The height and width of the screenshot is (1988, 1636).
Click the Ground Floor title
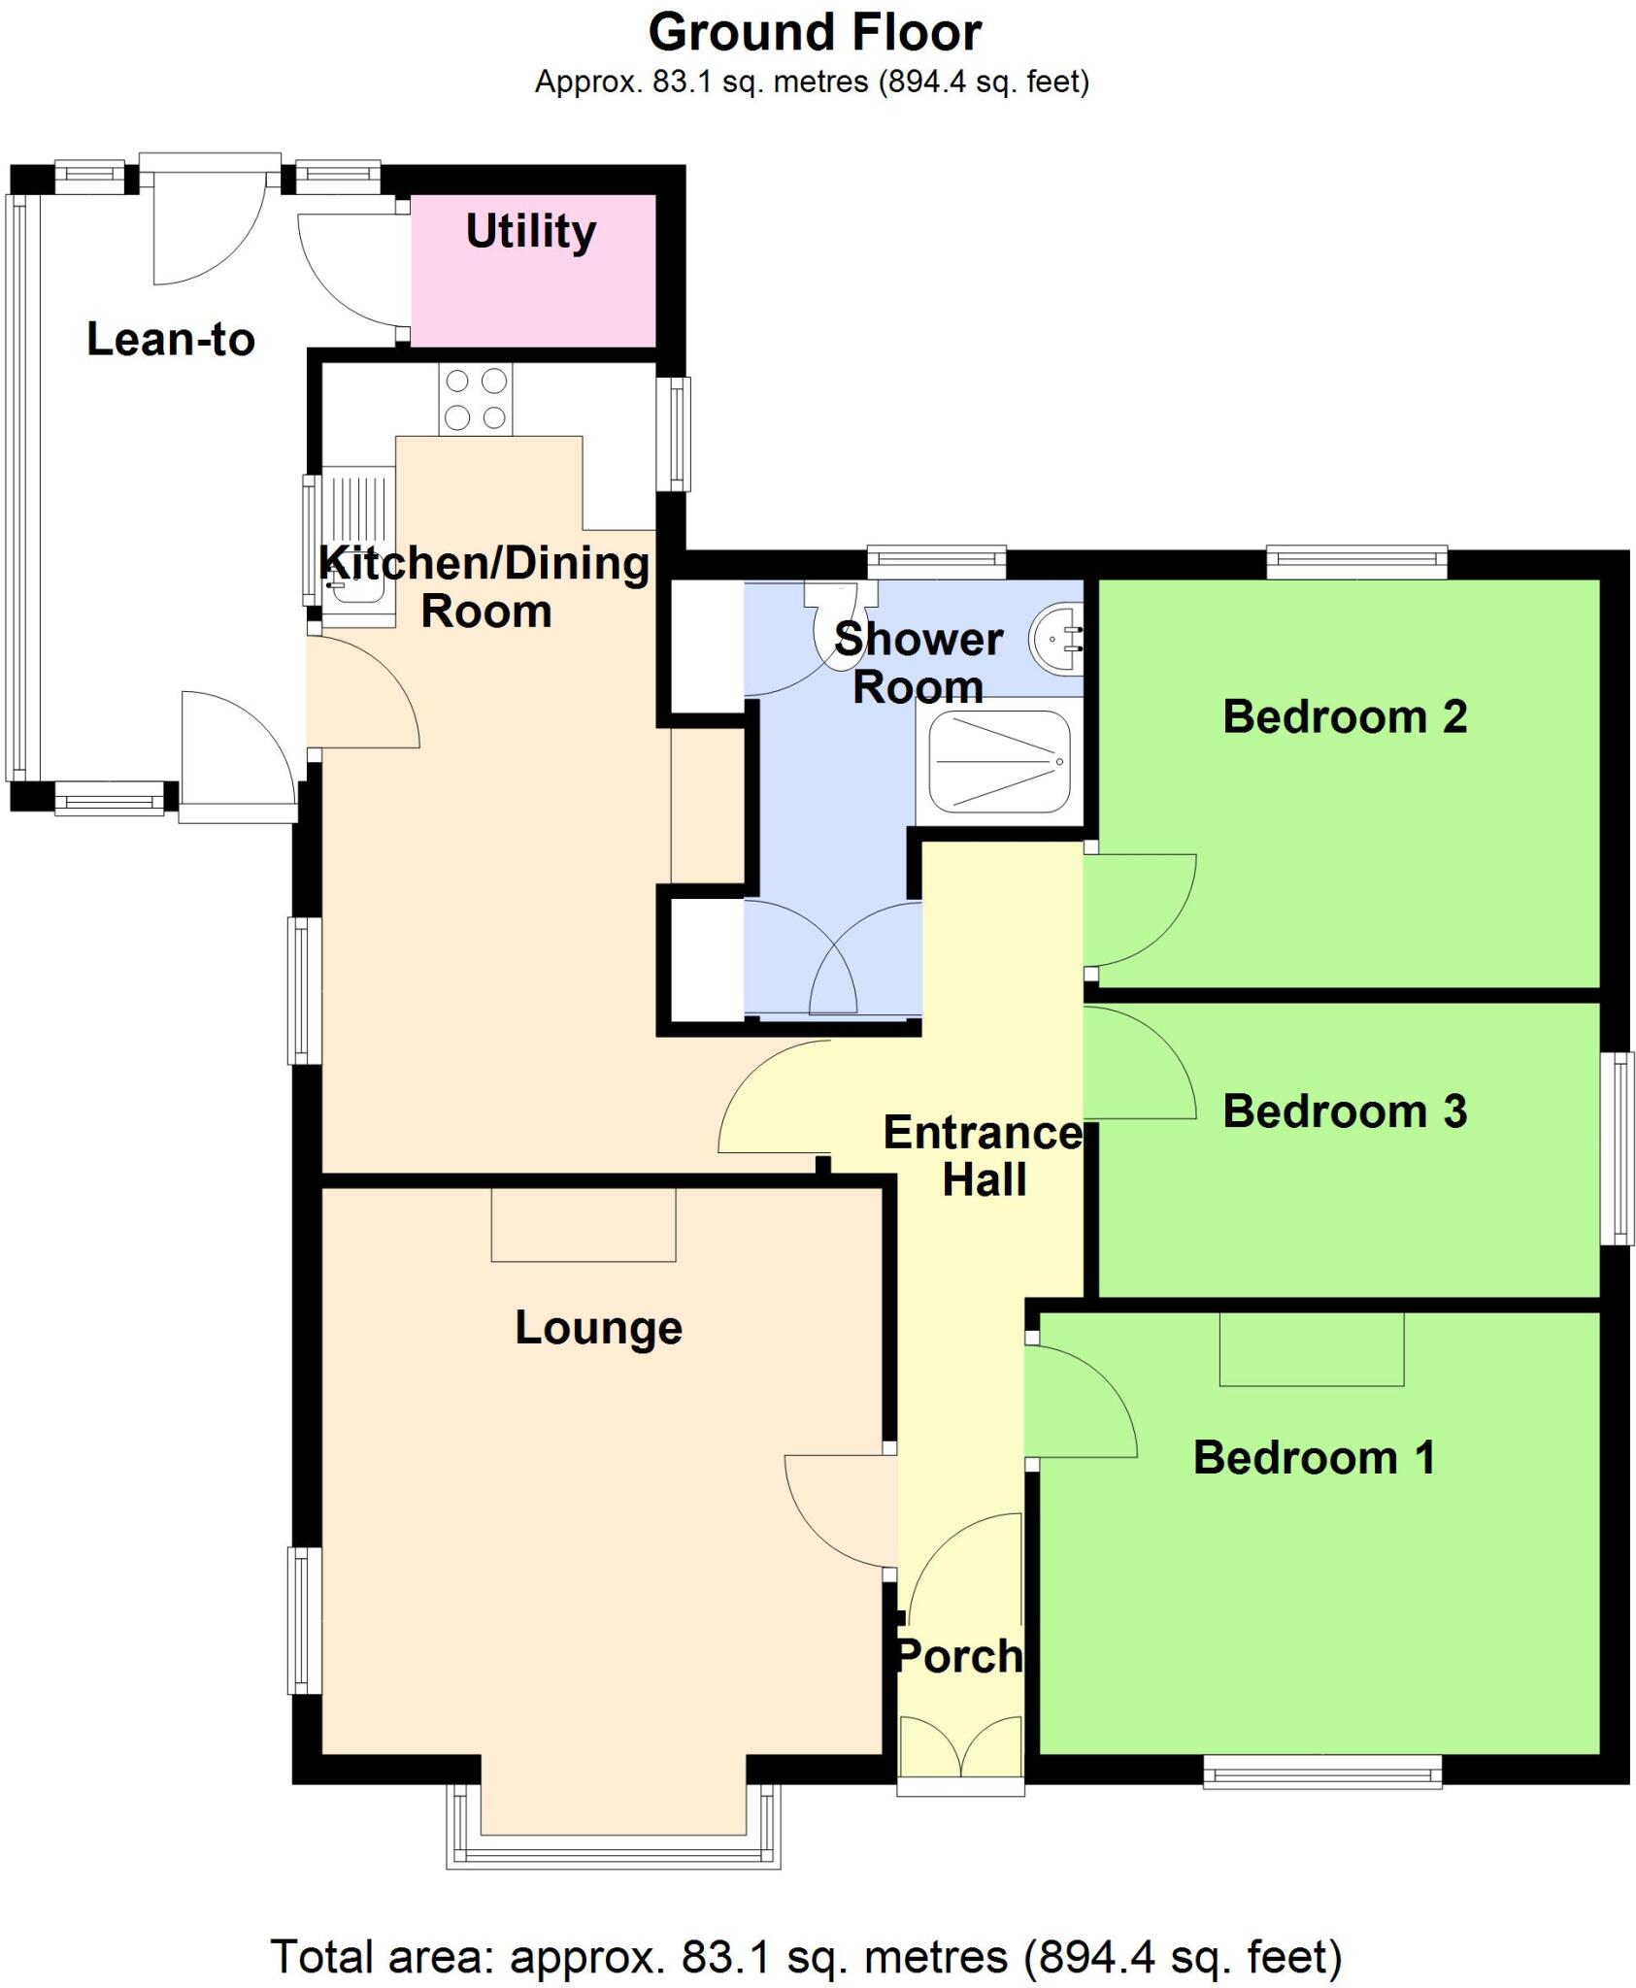815,33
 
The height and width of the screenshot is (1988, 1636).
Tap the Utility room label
531,232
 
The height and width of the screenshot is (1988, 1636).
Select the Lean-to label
171,340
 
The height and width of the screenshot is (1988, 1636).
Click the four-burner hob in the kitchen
476,399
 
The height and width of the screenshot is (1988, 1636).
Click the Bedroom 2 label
1345,717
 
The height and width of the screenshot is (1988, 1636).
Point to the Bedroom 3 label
1345,1112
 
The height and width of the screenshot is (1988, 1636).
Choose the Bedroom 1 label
1314,1458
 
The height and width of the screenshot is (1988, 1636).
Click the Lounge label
598,1328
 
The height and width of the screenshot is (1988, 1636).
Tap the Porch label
959,1656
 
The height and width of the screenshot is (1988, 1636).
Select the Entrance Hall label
983,1156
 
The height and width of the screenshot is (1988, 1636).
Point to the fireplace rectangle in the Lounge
583,1225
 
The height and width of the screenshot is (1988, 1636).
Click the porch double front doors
960,1744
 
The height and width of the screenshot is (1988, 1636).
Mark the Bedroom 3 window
1617,1148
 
